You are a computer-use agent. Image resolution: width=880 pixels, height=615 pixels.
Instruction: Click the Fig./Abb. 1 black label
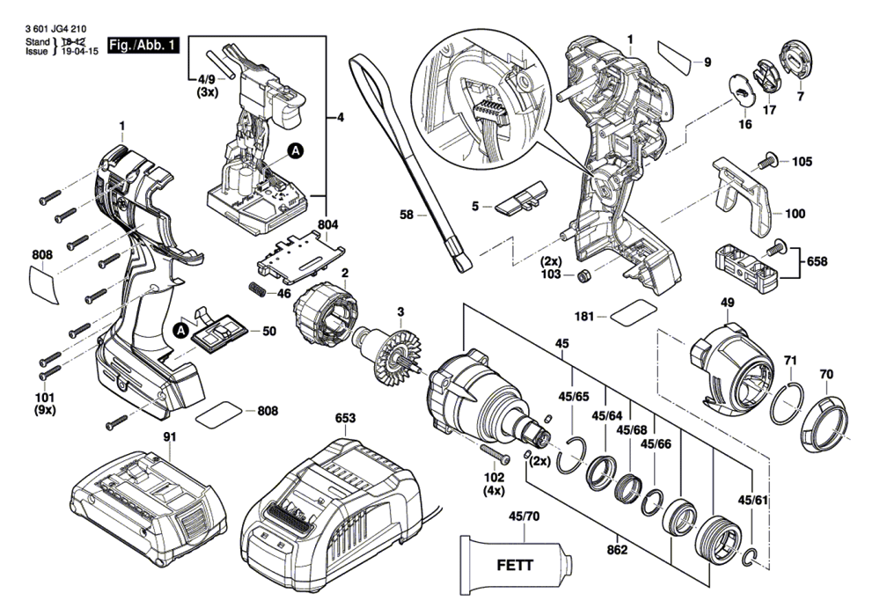(143, 45)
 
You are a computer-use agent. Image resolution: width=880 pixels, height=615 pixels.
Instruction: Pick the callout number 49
(727, 303)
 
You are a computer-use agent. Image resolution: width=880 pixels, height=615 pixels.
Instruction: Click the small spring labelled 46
(256, 289)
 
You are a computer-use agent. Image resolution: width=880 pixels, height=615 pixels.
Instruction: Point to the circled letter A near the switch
(297, 151)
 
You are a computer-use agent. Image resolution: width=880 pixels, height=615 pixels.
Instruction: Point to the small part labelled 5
(520, 199)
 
